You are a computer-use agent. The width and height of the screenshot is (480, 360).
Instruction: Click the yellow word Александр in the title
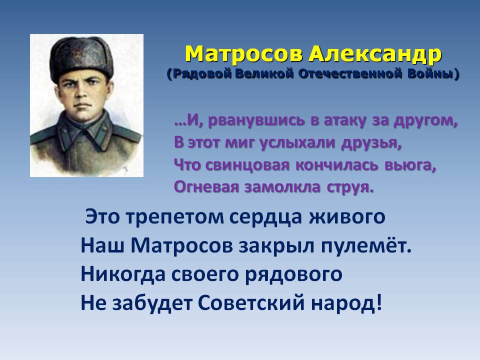[x=375, y=55]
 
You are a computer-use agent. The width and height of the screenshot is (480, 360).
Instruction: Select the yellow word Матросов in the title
[x=244, y=54]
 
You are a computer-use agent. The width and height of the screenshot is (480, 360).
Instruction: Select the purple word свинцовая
[x=247, y=165]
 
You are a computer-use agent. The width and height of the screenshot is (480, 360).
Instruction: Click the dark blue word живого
[x=347, y=216]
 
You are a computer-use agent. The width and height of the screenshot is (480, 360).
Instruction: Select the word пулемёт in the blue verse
[x=363, y=245]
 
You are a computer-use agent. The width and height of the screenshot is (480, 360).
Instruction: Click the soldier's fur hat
[x=81, y=58]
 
